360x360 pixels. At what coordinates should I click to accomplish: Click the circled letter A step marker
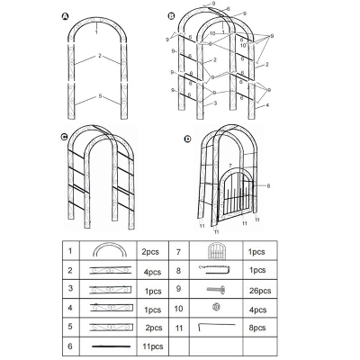pyautogui.click(x=64, y=16)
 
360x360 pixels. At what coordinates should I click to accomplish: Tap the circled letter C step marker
pyautogui.click(x=64, y=138)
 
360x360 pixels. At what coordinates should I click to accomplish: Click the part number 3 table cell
pyautogui.click(x=69, y=290)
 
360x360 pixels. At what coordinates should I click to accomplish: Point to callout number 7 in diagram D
pyautogui.click(x=230, y=166)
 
